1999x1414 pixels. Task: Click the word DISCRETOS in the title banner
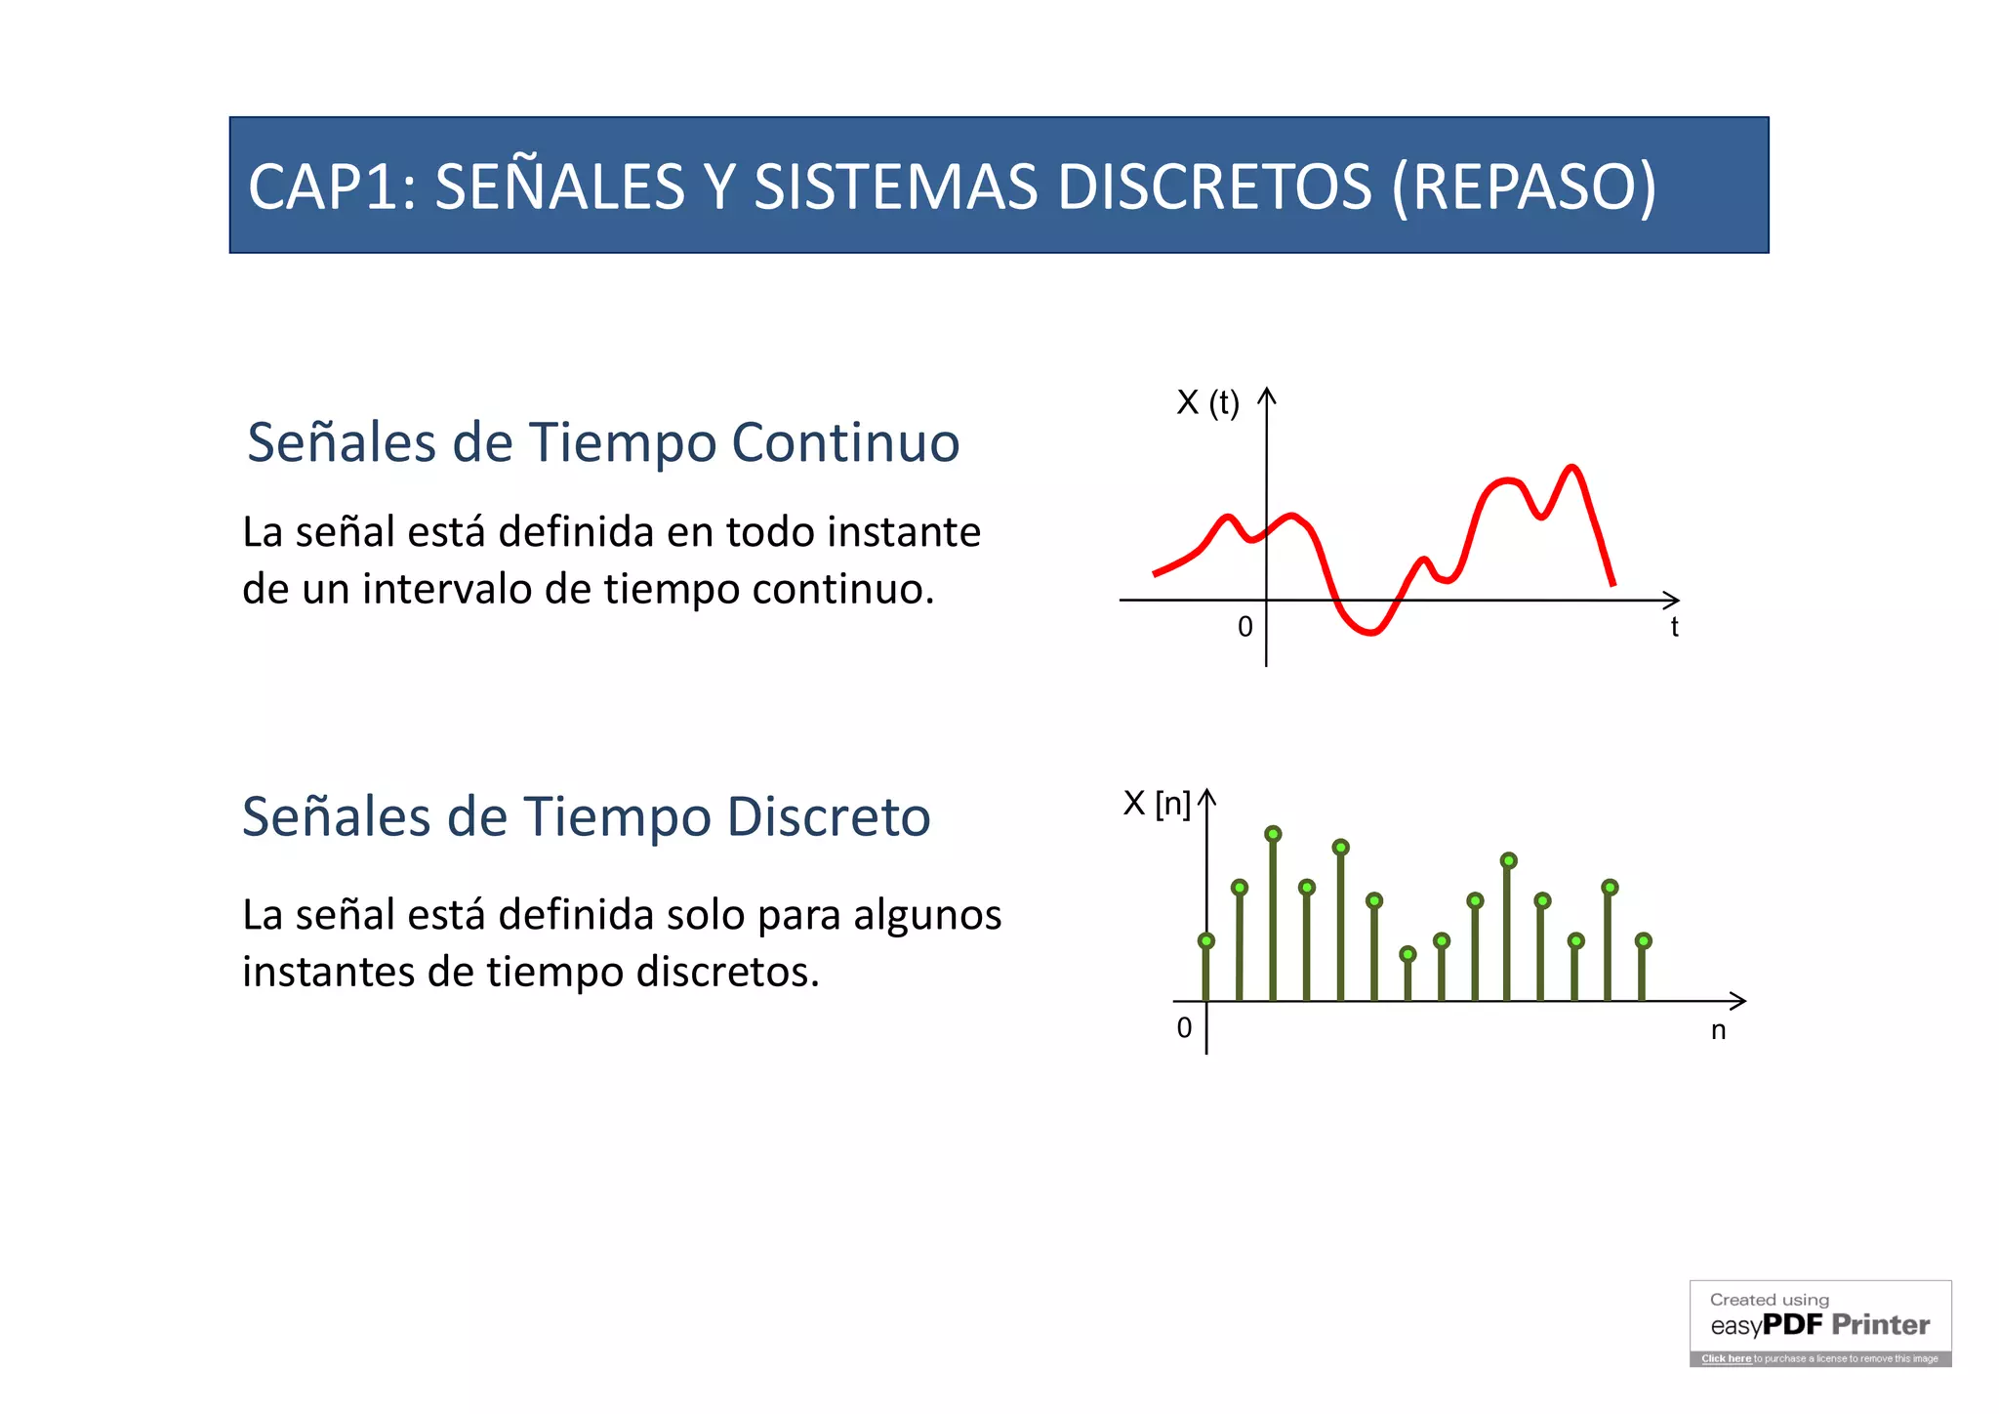pyautogui.click(x=1214, y=187)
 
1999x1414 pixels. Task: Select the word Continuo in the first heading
pyautogui.click(x=845, y=442)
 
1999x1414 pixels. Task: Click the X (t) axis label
pyautogui.click(x=1207, y=402)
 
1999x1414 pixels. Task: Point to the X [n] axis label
pyautogui.click(x=1157, y=804)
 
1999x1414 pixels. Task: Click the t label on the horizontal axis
pyautogui.click(x=1674, y=627)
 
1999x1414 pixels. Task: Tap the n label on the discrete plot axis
pyautogui.click(x=1718, y=1030)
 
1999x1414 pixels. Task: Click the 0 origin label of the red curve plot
pyautogui.click(x=1244, y=627)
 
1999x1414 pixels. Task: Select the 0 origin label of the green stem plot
pyautogui.click(x=1184, y=1028)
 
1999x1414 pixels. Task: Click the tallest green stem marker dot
pyautogui.click(x=1273, y=834)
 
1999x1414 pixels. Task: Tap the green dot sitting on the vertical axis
pyautogui.click(x=1206, y=940)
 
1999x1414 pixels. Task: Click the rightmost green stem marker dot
pyautogui.click(x=1644, y=940)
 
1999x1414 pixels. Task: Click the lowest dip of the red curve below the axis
pyautogui.click(x=1370, y=633)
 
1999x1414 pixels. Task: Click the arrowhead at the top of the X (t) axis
pyautogui.click(x=1266, y=395)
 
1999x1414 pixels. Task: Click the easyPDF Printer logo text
pyautogui.click(x=1819, y=1325)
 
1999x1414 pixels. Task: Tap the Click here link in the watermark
pyautogui.click(x=1726, y=1358)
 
